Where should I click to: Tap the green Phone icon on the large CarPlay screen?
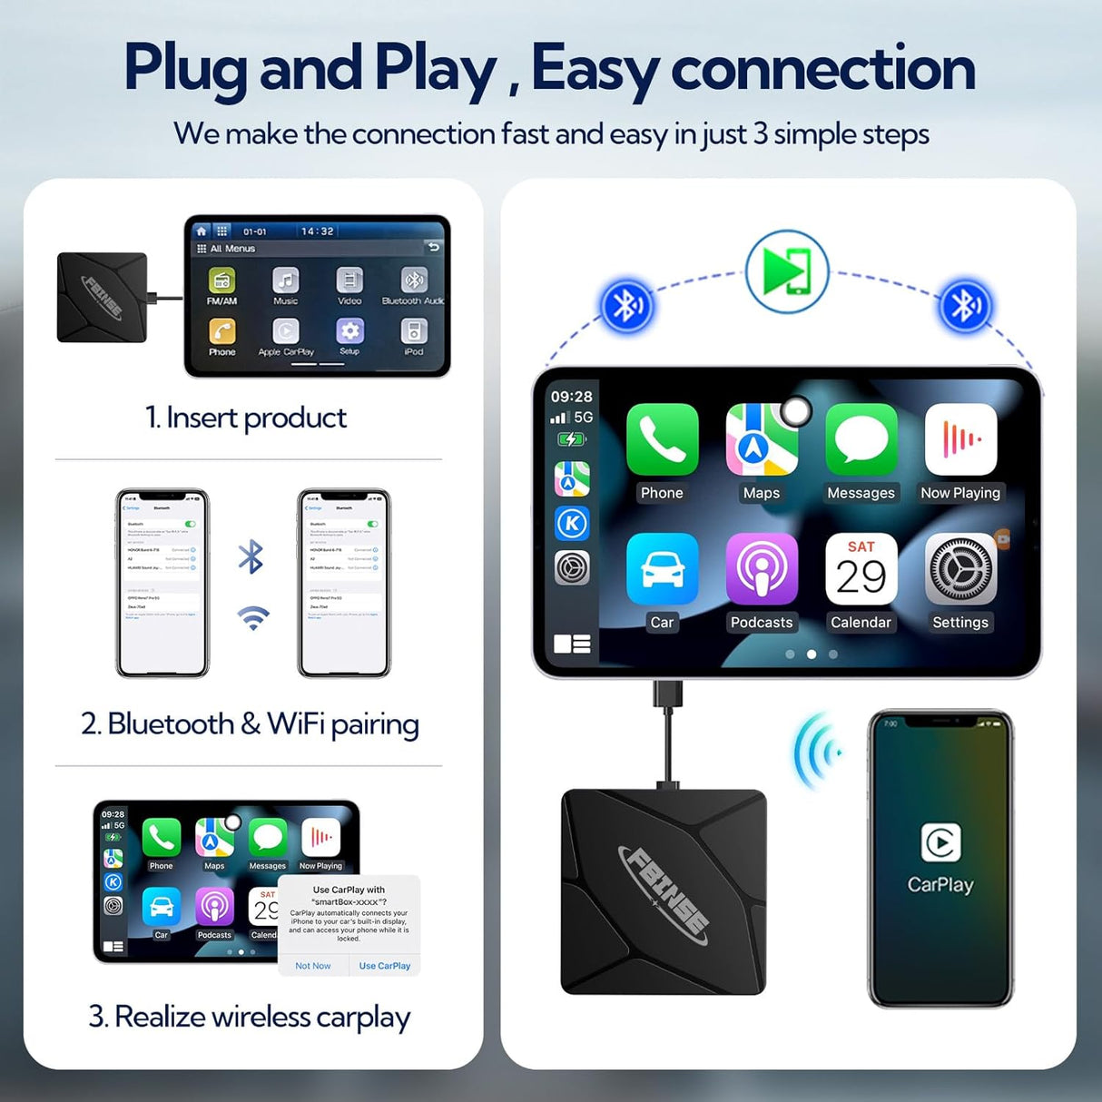pos(662,439)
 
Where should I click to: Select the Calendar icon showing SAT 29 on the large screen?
pos(861,569)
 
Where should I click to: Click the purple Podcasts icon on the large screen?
pos(762,569)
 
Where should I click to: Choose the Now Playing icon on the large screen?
pos(960,439)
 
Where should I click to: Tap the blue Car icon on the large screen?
pos(662,569)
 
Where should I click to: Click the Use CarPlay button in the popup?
pos(385,966)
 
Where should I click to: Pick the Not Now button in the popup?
pos(313,966)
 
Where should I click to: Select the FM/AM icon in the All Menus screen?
pos(221,281)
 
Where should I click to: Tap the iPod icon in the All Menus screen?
pos(414,331)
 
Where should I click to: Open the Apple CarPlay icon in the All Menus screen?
pos(286,331)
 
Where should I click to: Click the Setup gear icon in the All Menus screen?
pos(349,331)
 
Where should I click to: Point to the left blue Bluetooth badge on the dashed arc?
pos(626,306)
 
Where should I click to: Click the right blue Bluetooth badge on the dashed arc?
pos(966,306)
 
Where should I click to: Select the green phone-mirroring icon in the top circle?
pos(787,271)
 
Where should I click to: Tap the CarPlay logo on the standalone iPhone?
pos(940,842)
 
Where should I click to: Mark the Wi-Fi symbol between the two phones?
pos(253,618)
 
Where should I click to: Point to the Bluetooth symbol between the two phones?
pos(251,557)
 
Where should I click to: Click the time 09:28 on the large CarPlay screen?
pos(571,397)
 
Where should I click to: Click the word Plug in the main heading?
pos(185,69)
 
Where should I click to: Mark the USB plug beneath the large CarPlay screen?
pos(667,694)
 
